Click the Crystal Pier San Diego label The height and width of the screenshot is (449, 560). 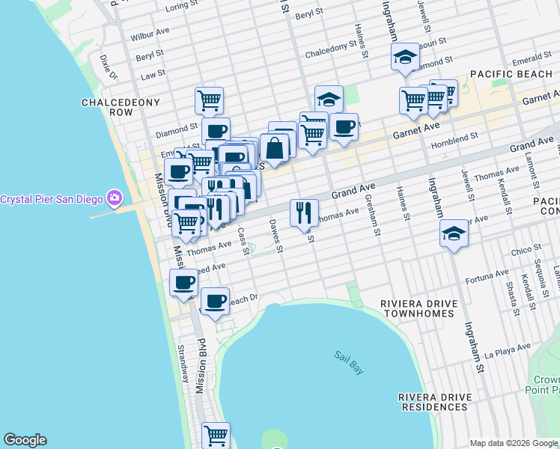52,199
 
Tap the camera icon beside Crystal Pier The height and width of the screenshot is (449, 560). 115,198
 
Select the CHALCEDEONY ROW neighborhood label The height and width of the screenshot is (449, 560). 107,107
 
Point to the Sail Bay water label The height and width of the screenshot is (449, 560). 348,357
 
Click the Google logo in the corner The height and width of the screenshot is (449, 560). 25,440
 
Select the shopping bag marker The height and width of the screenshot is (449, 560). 275,147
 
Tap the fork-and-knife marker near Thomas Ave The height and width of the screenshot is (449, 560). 304,213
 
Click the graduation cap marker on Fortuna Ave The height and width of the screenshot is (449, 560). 454,233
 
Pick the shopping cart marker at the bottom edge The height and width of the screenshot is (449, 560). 216,434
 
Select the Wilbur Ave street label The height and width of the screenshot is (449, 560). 150,36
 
